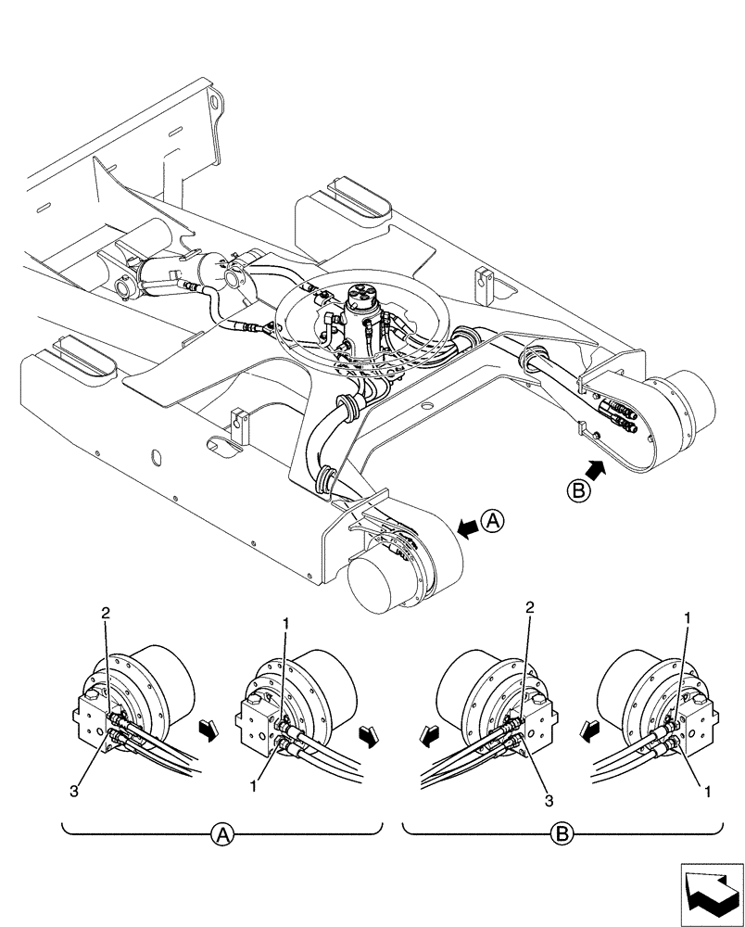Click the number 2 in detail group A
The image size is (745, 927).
107,614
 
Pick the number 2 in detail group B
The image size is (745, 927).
529,609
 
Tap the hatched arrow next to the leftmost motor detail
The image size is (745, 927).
209,734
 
